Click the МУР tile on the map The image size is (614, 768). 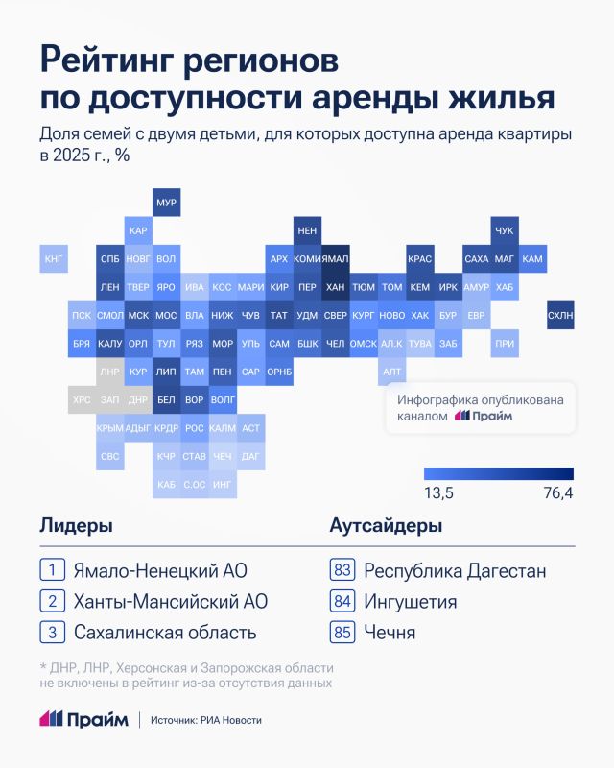tap(166, 204)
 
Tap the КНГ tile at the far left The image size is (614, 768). tap(55, 259)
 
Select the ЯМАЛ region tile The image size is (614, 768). tap(335, 259)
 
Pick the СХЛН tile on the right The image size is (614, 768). tap(559, 315)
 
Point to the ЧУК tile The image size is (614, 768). tap(504, 231)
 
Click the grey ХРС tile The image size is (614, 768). tap(83, 398)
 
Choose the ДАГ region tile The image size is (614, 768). tap(250, 456)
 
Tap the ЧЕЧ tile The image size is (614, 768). tap(223, 456)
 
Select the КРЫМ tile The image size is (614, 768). tap(110, 428)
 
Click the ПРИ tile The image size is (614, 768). tap(504, 343)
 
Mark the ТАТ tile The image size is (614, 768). tap(279, 315)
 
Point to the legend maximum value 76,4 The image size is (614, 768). tap(556, 492)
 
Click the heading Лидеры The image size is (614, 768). tap(76, 526)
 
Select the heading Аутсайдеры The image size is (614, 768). tap(386, 526)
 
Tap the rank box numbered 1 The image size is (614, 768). tap(52, 570)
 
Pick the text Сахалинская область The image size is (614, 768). tap(165, 633)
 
